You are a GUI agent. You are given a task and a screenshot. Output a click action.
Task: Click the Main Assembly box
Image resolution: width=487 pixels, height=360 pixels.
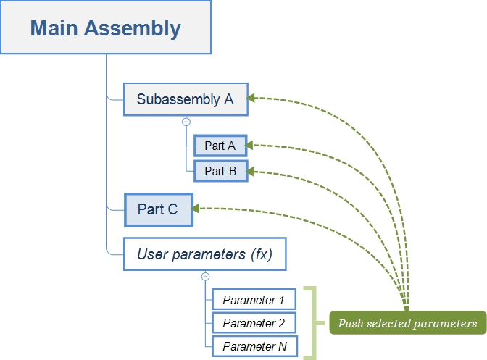click(x=106, y=28)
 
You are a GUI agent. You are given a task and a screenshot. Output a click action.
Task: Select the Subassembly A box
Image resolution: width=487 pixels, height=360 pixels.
click(x=186, y=99)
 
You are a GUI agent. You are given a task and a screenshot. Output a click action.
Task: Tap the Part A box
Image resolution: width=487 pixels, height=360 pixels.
click(x=220, y=146)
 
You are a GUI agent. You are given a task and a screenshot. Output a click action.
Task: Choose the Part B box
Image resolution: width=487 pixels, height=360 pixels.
click(x=220, y=171)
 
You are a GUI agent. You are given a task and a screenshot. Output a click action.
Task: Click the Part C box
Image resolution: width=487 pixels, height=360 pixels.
click(x=158, y=209)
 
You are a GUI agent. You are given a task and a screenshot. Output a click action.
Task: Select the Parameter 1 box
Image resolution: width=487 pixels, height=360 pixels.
click(x=254, y=299)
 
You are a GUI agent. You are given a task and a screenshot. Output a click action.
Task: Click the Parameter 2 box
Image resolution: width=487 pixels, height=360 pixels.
click(x=254, y=323)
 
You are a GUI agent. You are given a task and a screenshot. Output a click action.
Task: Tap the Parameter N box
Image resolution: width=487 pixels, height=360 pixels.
click(x=254, y=346)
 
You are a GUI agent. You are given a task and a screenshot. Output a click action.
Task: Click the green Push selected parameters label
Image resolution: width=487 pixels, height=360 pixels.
click(x=407, y=323)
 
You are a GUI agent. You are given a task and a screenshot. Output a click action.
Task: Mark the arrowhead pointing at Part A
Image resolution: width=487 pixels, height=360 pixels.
click(x=250, y=146)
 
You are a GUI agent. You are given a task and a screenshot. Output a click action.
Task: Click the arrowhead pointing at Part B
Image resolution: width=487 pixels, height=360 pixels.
click(x=250, y=172)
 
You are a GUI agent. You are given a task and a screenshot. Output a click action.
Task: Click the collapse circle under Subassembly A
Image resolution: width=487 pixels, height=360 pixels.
click(x=186, y=122)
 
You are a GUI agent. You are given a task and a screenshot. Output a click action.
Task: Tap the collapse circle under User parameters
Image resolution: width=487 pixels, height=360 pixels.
click(x=205, y=276)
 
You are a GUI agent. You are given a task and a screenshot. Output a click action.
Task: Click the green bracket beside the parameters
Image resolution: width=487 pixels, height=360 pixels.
click(x=312, y=323)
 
